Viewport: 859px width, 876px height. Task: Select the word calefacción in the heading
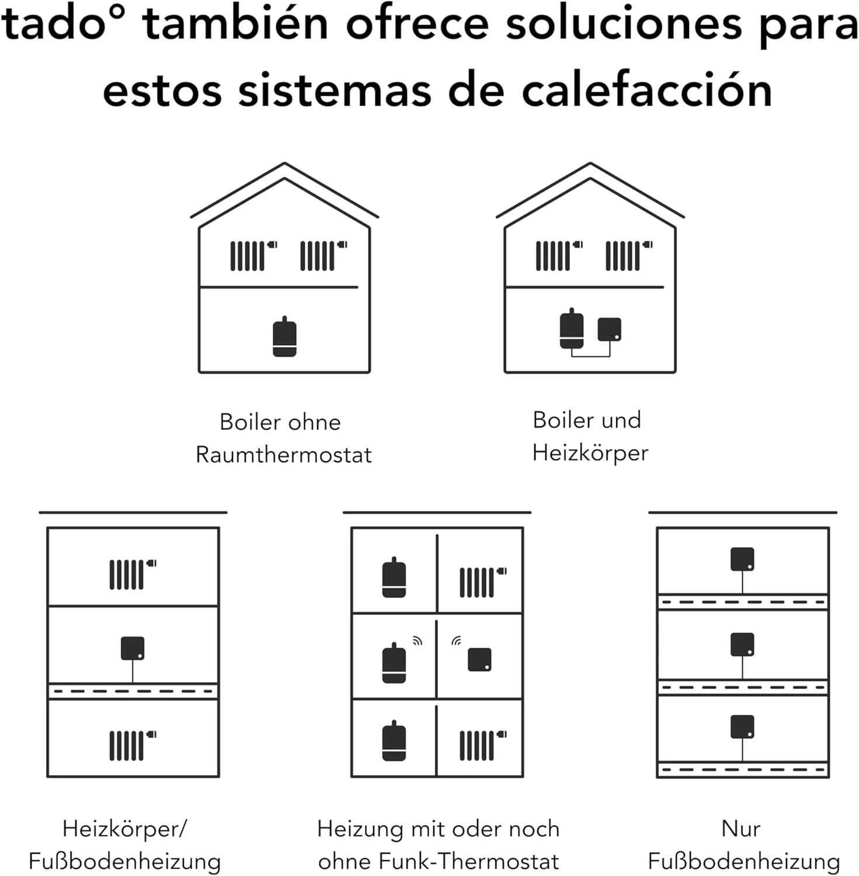[x=647, y=91]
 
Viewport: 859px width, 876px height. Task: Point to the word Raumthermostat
[x=283, y=455]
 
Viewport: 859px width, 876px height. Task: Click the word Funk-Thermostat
[x=469, y=861]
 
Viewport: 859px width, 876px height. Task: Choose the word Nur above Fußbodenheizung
[x=741, y=829]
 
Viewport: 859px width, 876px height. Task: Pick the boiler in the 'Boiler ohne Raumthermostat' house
[x=284, y=336]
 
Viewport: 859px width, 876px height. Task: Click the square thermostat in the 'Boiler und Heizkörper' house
[x=609, y=329]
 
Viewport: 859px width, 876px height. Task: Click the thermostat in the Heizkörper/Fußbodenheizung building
[x=133, y=648]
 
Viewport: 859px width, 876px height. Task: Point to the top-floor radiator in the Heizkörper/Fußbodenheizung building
[x=133, y=574]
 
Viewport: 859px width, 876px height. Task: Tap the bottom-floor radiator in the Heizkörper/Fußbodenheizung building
[x=133, y=745]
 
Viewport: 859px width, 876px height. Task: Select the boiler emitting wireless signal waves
[x=394, y=663]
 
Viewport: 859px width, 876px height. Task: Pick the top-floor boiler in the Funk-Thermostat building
[x=394, y=578]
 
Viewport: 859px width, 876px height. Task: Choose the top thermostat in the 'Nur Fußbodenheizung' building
[x=742, y=559]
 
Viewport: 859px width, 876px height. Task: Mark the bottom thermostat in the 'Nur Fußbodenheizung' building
[x=742, y=726]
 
